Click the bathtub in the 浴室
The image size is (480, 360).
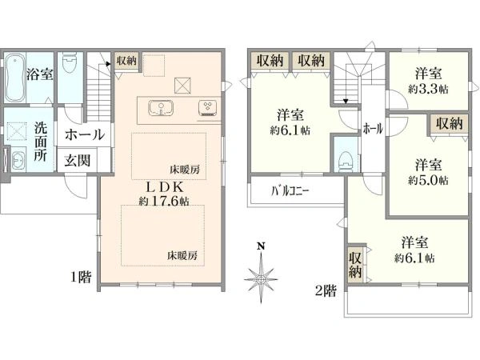click(15, 78)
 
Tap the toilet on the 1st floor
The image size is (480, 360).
click(70, 63)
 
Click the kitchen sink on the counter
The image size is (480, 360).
click(161, 108)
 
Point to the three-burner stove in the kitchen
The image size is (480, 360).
click(208, 108)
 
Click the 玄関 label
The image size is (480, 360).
click(77, 161)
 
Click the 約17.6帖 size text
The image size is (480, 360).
click(164, 201)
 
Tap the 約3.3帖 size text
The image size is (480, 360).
click(428, 89)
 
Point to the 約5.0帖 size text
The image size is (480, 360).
click(428, 180)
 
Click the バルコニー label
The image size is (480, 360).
click(290, 191)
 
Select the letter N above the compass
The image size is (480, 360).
click(261, 246)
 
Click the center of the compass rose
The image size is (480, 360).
click(261, 279)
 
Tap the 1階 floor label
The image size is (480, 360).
click(81, 277)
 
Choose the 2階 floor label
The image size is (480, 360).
click(326, 291)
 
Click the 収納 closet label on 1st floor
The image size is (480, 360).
click(126, 61)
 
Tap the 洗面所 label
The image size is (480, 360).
click(40, 142)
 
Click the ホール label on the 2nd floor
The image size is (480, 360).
click(373, 129)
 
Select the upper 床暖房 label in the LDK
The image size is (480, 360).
click(185, 170)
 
